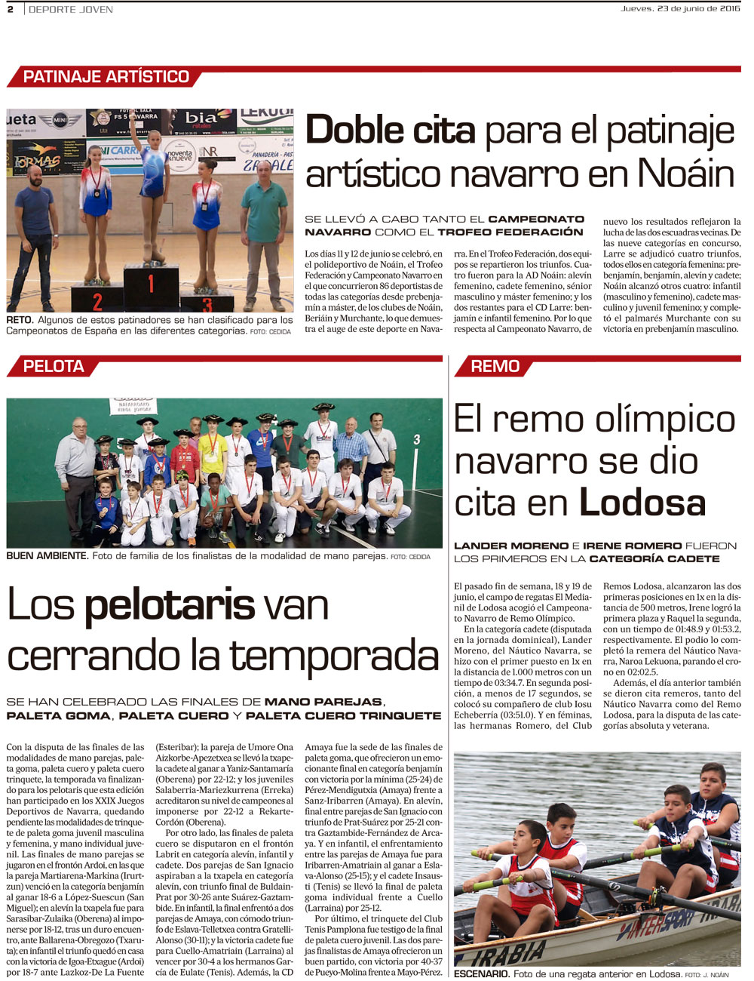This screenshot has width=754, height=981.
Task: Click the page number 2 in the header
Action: click(x=11, y=9)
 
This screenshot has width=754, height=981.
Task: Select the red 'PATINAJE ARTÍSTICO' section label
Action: click(x=106, y=77)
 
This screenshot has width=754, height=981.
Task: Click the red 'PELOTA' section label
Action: click(x=54, y=366)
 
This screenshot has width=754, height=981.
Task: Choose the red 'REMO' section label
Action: click(x=495, y=366)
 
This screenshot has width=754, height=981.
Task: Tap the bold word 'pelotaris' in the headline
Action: click(x=170, y=606)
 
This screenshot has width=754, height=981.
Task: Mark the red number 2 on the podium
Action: click(x=97, y=302)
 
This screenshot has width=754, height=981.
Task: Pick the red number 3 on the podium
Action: click(x=207, y=305)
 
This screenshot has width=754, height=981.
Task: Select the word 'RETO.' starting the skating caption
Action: click(x=20, y=320)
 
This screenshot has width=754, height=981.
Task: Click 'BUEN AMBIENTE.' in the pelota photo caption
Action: click(x=47, y=556)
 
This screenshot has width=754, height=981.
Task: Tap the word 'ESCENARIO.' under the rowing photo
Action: click(x=482, y=973)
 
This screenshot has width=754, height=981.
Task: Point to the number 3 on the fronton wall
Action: click(x=416, y=438)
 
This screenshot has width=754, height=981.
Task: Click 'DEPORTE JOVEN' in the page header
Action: click(x=71, y=9)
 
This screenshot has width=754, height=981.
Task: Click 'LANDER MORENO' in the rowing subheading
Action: click(x=511, y=546)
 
